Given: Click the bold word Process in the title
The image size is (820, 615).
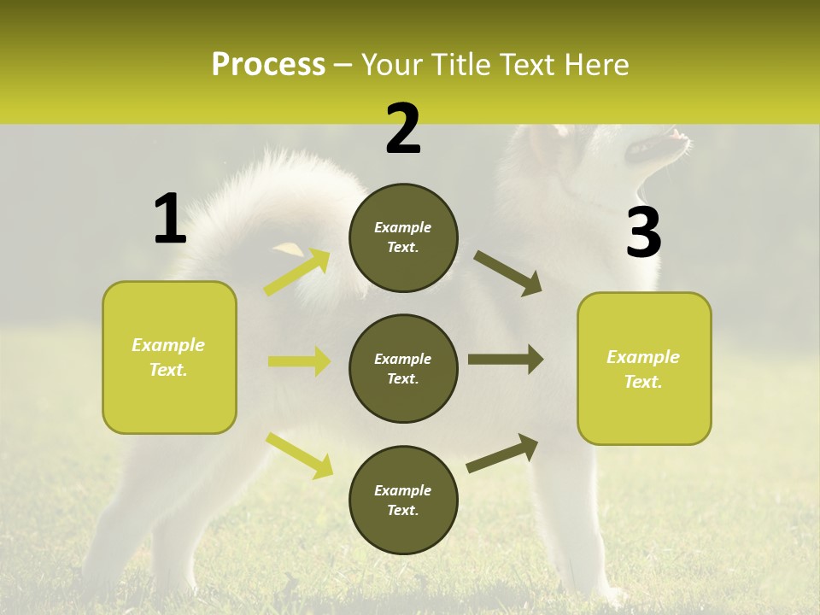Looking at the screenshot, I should (x=268, y=65).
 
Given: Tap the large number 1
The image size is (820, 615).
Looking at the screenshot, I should (x=170, y=220).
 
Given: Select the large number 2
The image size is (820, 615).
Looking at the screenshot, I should (x=403, y=130).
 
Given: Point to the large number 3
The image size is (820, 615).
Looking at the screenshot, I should (x=643, y=233).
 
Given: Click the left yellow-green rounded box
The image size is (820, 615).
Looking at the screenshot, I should (x=169, y=357).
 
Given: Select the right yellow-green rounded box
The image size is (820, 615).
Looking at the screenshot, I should (x=644, y=368).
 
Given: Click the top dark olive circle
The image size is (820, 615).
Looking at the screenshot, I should (x=403, y=237).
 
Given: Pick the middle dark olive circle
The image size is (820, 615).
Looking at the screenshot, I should (x=403, y=368).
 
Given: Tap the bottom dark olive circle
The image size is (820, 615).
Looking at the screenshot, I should (x=403, y=500).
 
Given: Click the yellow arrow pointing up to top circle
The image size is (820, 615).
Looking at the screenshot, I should (x=297, y=272).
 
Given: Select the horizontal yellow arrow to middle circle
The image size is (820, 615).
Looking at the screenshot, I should (x=299, y=361).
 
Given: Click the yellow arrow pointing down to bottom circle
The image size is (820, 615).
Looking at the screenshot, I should (x=299, y=454).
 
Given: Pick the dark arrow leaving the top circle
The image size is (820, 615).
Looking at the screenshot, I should (x=507, y=273).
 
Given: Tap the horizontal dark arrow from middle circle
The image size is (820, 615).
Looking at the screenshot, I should (x=505, y=360).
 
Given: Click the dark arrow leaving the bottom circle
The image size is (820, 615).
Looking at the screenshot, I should (x=502, y=453).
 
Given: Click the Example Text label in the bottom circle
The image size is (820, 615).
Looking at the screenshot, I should (x=403, y=500).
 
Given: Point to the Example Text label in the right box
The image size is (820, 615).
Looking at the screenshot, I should (x=643, y=369).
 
